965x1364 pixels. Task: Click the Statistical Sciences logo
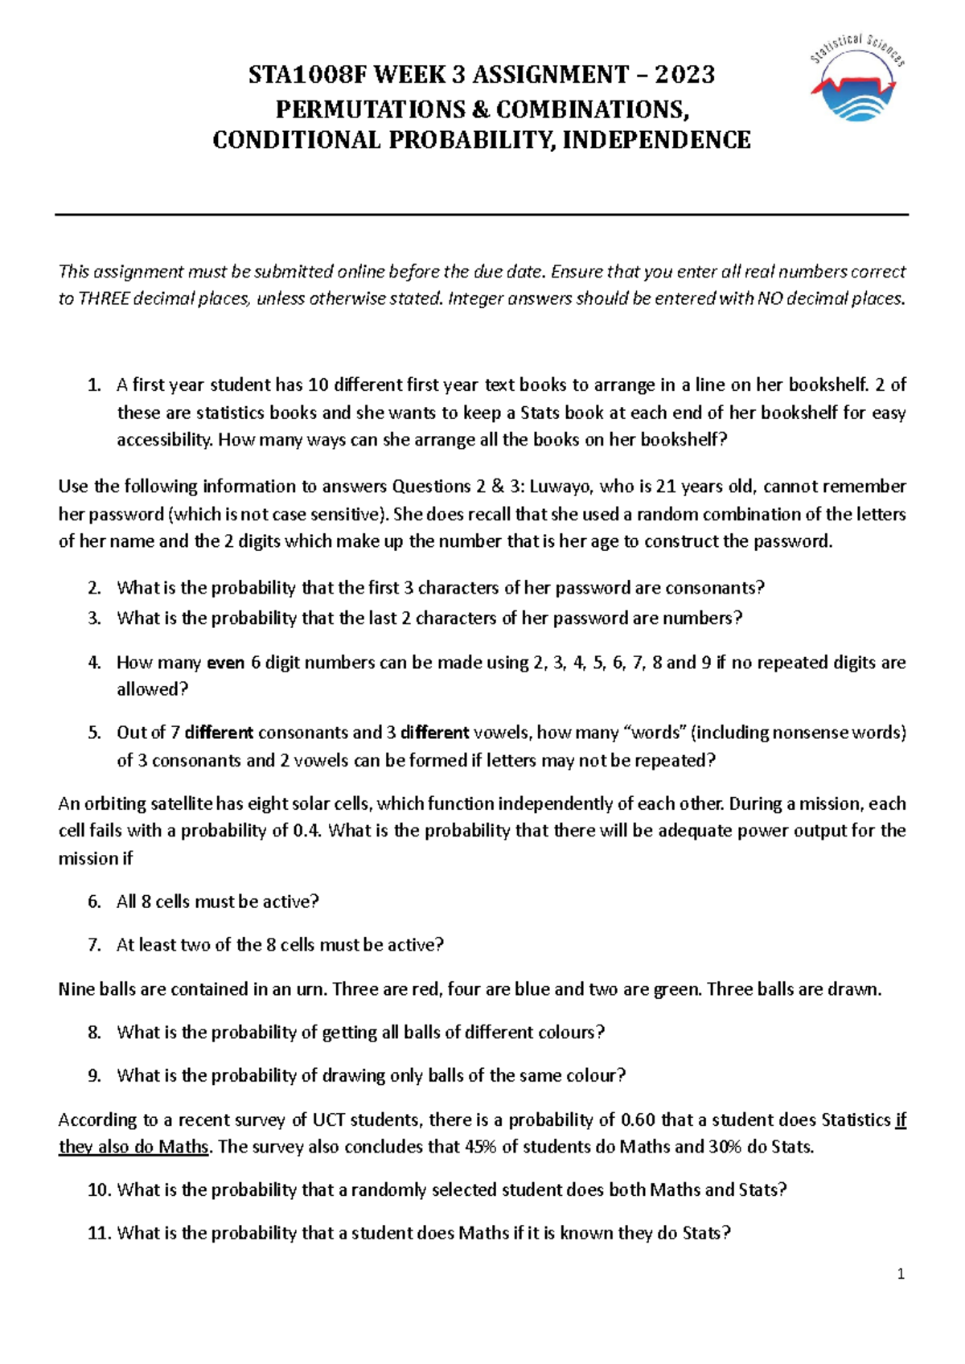point(856,79)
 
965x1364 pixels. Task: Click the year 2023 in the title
point(685,75)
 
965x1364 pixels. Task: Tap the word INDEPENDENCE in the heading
point(656,140)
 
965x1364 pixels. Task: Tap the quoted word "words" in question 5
point(654,733)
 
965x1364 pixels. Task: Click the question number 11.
point(99,1233)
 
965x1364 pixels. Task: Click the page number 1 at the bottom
point(901,1273)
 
